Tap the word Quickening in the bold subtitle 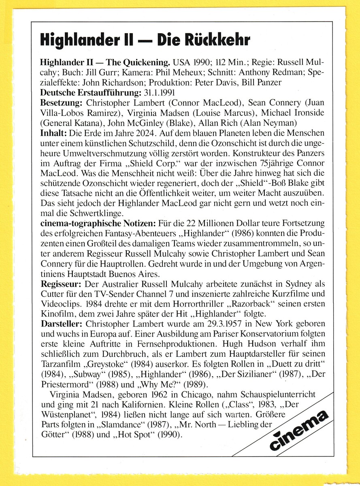click(x=146, y=64)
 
